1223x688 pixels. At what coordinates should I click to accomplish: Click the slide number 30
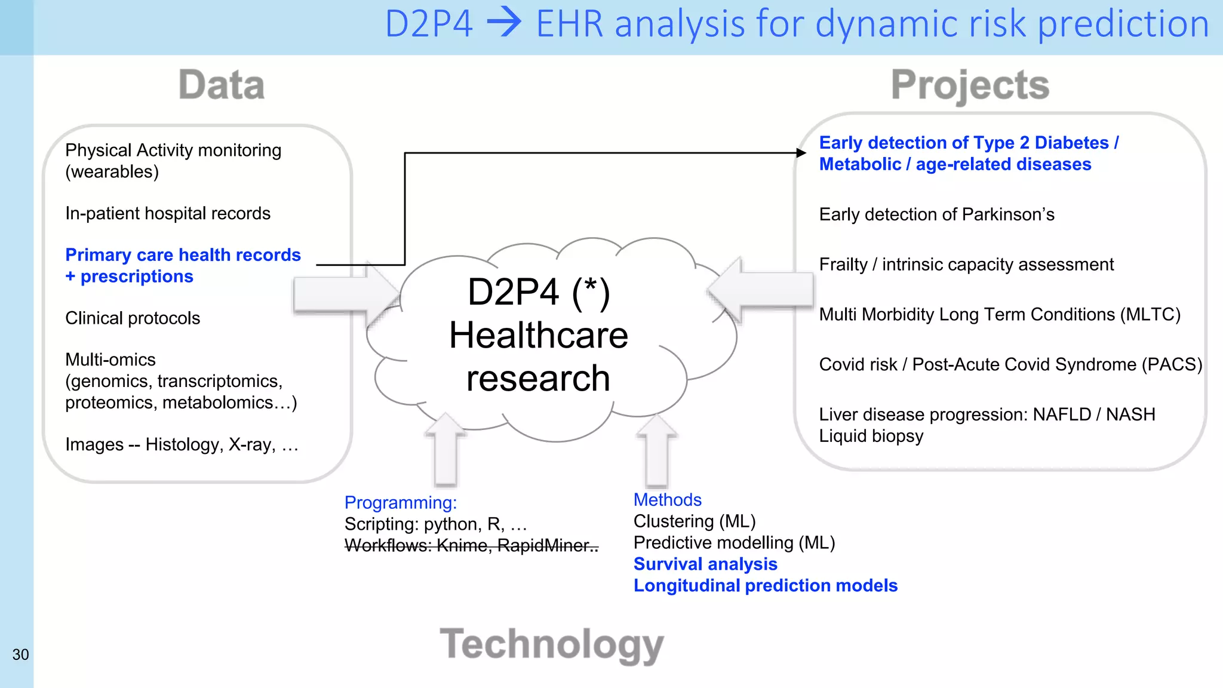tap(20, 655)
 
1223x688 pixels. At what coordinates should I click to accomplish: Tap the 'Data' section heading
tap(222, 85)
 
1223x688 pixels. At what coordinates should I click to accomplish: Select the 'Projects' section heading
tap(970, 85)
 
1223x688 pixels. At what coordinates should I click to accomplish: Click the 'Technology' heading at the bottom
tap(552, 644)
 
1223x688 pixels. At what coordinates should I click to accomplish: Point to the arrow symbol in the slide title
tap(504, 24)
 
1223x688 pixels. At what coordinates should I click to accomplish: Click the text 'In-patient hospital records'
tap(168, 213)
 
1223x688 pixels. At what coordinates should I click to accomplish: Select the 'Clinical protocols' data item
tap(133, 318)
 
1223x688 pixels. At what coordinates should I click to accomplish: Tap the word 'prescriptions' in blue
tap(137, 277)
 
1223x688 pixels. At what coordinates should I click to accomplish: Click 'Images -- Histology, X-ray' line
tap(182, 444)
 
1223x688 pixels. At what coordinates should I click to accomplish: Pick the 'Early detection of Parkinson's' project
tap(936, 214)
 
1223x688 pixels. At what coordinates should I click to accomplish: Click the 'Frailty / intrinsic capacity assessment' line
tap(966, 264)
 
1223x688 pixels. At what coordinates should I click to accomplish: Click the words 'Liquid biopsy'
tap(871, 436)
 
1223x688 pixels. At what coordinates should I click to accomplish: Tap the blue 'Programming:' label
tap(400, 502)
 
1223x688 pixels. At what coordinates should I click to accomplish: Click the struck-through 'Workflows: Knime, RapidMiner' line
tap(471, 545)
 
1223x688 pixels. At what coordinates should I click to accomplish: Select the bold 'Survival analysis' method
tap(705, 564)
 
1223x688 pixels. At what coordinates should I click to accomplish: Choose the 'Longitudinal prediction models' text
tap(766, 585)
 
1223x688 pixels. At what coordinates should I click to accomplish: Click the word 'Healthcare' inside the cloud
tap(539, 335)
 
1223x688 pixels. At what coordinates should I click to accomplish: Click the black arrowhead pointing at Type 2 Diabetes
tap(801, 153)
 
